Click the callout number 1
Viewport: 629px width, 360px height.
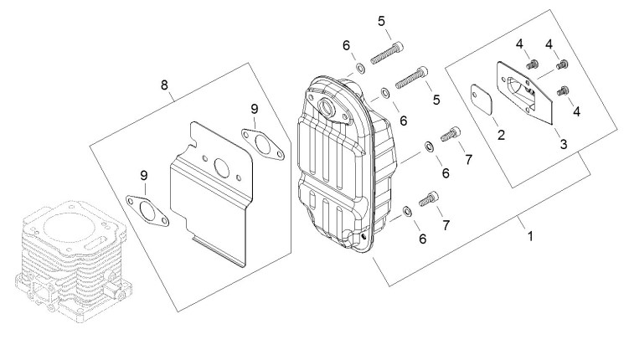pyautogui.click(x=530, y=236)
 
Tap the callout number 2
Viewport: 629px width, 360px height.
pyautogui.click(x=501, y=135)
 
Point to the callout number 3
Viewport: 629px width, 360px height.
pyautogui.click(x=564, y=144)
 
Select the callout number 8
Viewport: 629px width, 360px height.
pyautogui.click(x=164, y=85)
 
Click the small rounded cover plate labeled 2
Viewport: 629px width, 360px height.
pyautogui.click(x=483, y=100)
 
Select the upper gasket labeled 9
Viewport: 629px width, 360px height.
pyautogui.click(x=263, y=144)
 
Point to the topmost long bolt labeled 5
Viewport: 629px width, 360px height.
pyautogui.click(x=387, y=53)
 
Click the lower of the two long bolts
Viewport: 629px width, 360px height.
pyautogui.click(x=412, y=77)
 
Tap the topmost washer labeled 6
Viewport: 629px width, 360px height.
pyautogui.click(x=360, y=68)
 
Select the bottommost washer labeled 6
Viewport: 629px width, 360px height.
pyautogui.click(x=407, y=211)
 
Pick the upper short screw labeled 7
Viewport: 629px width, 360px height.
pyautogui.click(x=451, y=134)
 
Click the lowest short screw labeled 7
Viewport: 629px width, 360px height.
pyautogui.click(x=429, y=199)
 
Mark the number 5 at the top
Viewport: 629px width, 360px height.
pyautogui.click(x=381, y=21)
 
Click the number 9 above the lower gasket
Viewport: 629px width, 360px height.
pyautogui.click(x=144, y=175)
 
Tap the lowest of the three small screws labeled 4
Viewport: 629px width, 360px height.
pyautogui.click(x=563, y=91)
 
